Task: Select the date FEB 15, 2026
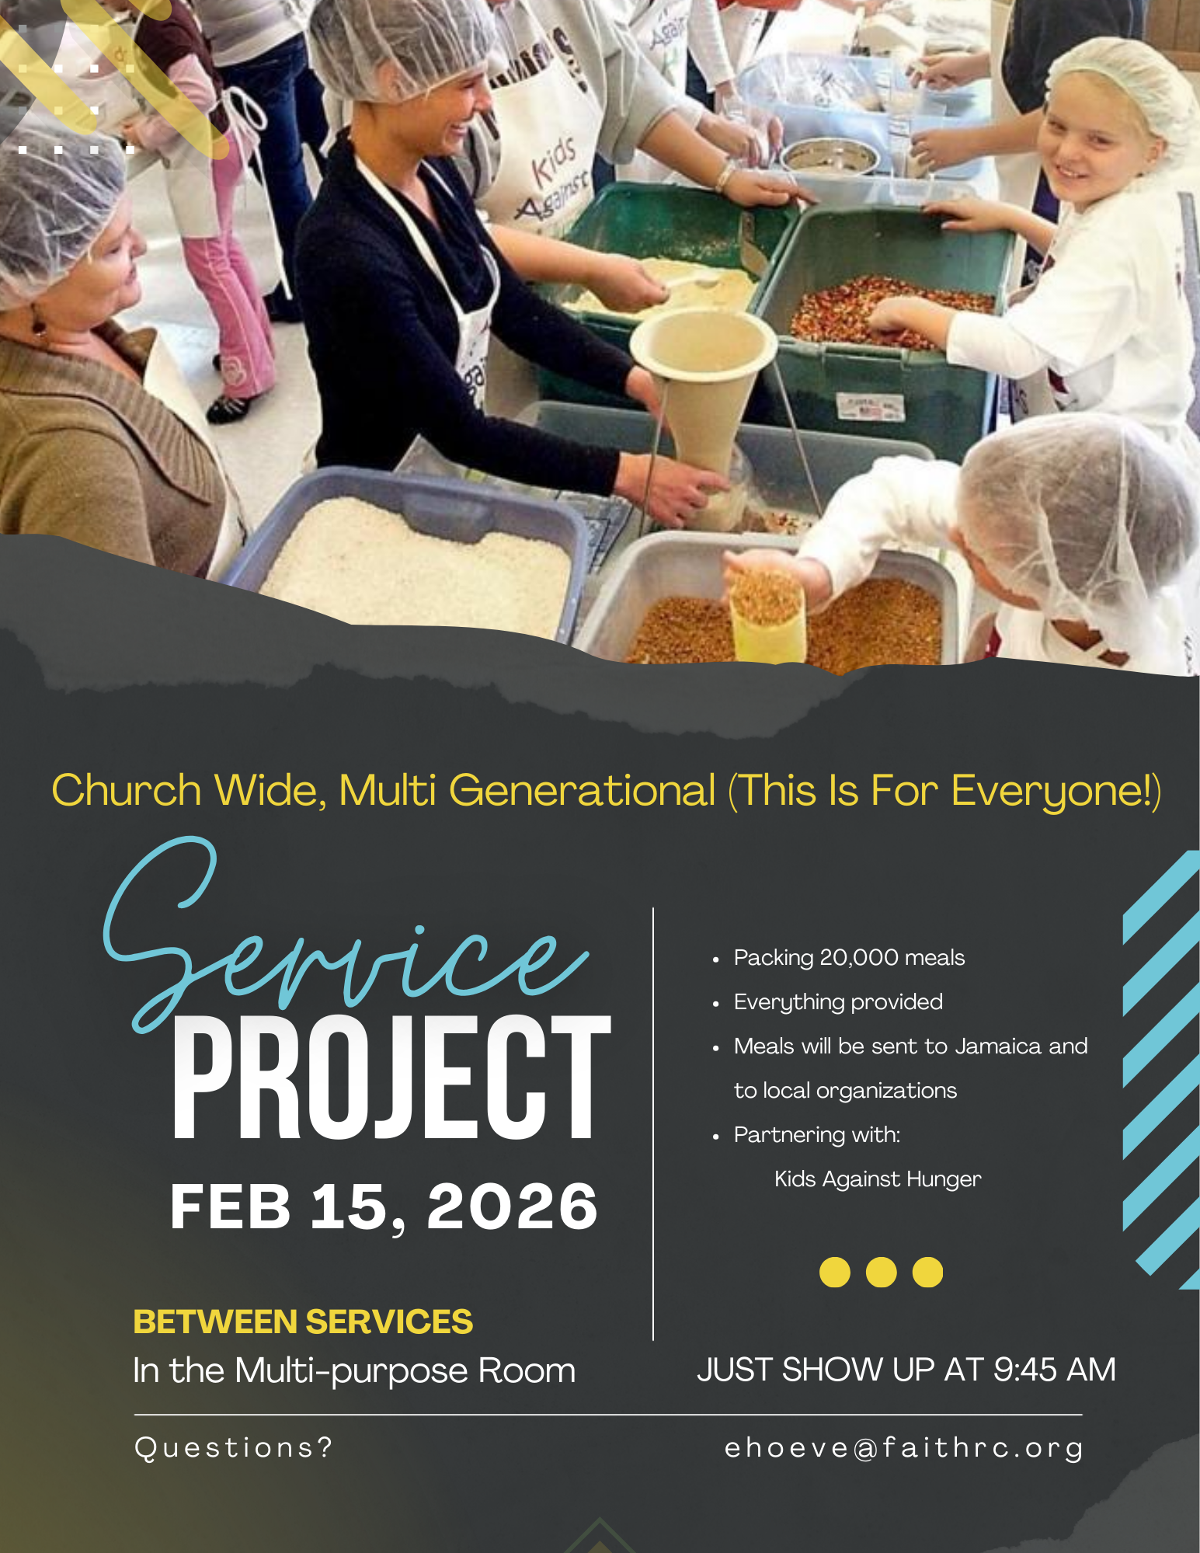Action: pos(384,1206)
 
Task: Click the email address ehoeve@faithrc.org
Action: pos(904,1448)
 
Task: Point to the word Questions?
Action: pos(233,1447)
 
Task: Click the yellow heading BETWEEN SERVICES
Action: pos(303,1321)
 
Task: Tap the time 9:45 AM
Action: pos(1055,1370)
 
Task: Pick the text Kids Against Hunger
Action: pos(878,1179)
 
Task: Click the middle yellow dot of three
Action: pos(881,1272)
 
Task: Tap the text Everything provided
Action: pos(838,1002)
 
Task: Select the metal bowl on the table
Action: pos(830,155)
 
